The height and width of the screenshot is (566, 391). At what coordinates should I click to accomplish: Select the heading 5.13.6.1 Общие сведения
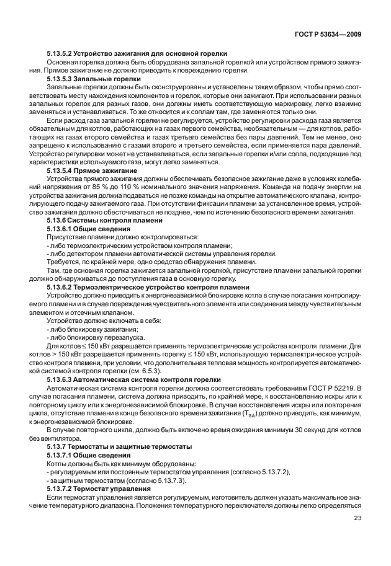(91, 229)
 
